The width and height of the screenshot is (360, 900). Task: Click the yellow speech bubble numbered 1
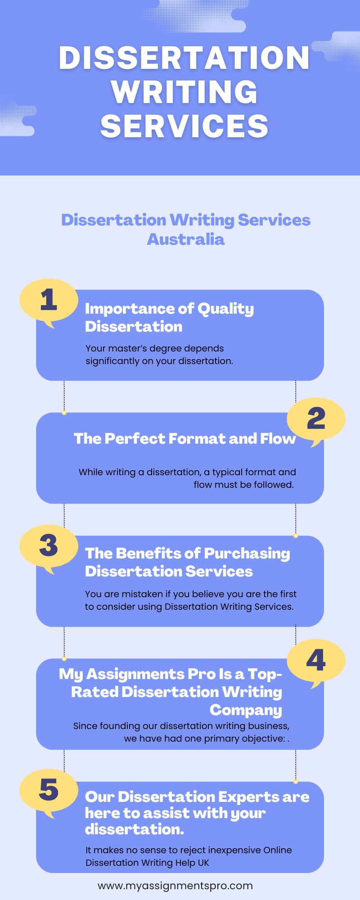pos(49,301)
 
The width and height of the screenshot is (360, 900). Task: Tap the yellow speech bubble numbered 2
pos(316,419)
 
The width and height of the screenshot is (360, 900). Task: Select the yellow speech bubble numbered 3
pos(49,546)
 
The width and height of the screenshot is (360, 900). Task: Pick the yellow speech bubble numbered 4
pos(316,661)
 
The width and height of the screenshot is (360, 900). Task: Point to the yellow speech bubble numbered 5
pos(49,790)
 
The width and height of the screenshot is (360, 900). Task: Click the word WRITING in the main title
pos(184,92)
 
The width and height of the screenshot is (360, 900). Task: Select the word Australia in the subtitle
pos(186,239)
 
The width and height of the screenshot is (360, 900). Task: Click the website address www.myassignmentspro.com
pos(175,886)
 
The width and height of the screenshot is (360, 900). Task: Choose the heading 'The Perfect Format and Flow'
pos(184,438)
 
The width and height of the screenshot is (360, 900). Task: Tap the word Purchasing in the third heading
pos(247,553)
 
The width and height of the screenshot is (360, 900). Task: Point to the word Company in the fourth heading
pos(246,710)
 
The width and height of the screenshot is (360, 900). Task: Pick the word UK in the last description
pos(203,863)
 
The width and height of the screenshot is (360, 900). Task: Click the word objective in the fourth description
pos(265,738)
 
